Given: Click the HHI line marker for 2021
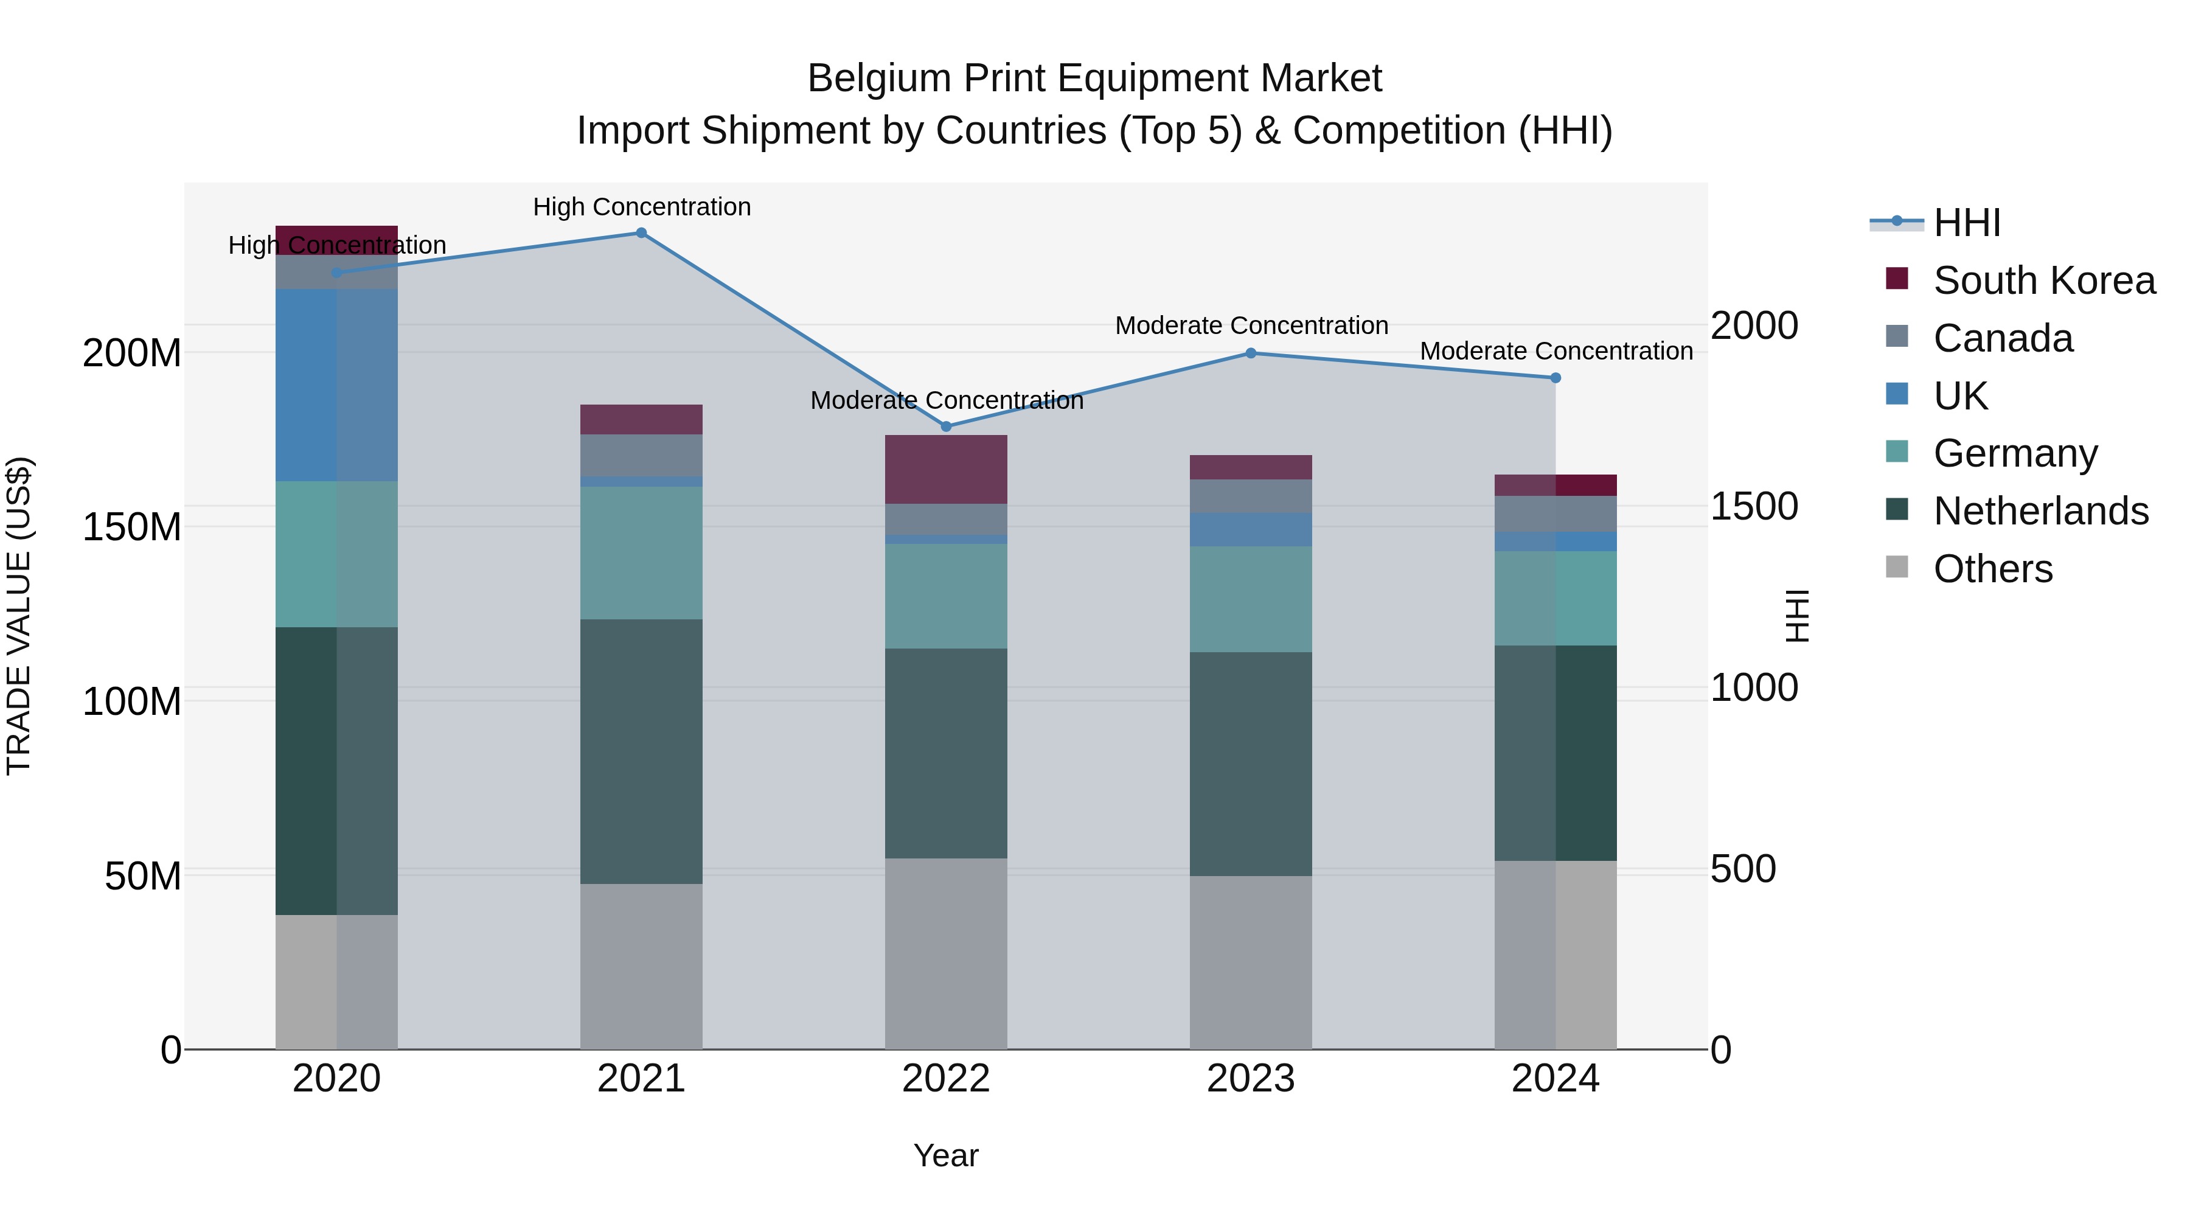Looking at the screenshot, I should (641, 233).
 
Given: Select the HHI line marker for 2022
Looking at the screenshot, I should (946, 426).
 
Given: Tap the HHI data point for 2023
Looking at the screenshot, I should (1251, 353).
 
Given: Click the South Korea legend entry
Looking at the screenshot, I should (2044, 280).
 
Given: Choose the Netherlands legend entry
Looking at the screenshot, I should (2040, 511).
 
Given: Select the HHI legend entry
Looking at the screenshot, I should (1966, 223).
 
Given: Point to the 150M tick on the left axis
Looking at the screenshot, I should (132, 527).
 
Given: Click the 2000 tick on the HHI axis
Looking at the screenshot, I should (1754, 325).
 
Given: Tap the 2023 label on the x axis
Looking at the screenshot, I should (1251, 1079).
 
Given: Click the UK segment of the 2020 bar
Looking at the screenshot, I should (336, 385).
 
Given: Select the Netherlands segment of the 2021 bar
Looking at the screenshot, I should (641, 751).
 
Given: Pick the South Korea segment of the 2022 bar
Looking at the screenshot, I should (946, 468).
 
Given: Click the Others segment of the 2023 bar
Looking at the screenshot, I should (1251, 962).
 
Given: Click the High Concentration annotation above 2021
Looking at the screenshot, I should (642, 207).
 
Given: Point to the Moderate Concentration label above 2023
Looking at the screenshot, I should (1251, 325).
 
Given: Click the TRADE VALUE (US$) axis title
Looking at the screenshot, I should (19, 616).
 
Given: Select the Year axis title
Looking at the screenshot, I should (945, 1155).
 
